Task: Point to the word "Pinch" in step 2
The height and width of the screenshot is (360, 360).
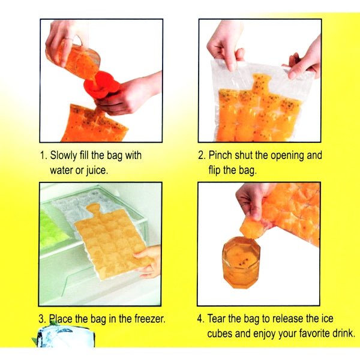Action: [x=222, y=155]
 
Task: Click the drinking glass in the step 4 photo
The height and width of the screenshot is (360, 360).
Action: [x=241, y=262]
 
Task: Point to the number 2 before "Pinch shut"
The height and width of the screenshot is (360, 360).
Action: [x=202, y=155]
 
